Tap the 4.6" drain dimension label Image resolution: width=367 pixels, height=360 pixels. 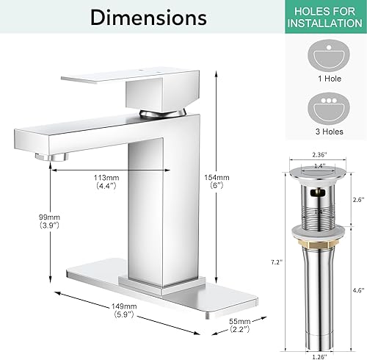357,290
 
